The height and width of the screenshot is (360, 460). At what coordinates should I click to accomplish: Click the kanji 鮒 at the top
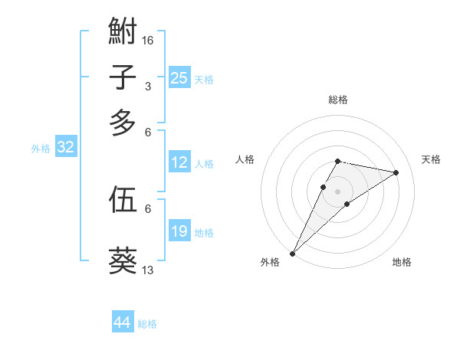[x=123, y=32]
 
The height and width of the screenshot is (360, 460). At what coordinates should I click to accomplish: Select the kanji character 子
[x=123, y=77]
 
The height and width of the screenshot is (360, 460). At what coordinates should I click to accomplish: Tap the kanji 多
[x=123, y=123]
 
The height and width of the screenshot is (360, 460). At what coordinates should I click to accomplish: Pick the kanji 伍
[x=123, y=199]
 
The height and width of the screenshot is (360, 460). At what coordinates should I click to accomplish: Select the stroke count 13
[x=148, y=270]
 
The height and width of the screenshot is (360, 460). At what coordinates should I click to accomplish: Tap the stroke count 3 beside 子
[x=147, y=86]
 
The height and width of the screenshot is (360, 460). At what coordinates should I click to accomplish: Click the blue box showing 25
[x=179, y=78]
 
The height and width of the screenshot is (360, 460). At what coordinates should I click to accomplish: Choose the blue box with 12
[x=179, y=162]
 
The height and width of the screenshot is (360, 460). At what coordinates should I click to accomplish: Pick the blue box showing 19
[x=179, y=231]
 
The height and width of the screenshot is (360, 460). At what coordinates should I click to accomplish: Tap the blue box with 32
[x=65, y=148]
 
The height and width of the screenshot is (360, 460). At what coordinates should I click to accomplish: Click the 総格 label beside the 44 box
[x=147, y=324]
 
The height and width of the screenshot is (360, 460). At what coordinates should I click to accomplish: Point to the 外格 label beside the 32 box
[x=41, y=149]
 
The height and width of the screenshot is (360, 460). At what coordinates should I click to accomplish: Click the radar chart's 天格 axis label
[x=432, y=159]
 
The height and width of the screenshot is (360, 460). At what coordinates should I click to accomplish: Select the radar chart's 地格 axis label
[x=402, y=262]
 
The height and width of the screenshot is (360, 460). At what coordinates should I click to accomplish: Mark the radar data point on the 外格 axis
[x=292, y=253]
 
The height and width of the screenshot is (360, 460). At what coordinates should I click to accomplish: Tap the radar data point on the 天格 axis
[x=396, y=172]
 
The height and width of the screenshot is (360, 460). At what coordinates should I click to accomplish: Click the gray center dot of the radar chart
[x=338, y=191]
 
